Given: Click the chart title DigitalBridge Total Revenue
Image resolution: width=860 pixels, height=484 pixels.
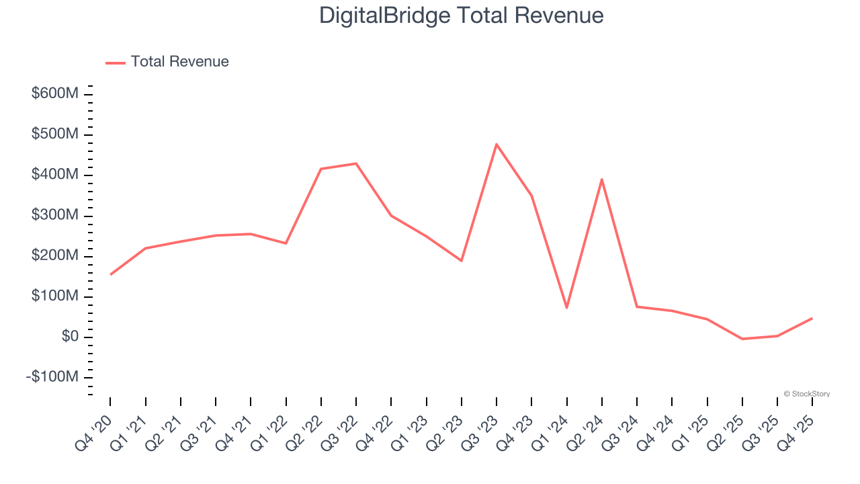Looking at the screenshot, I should click(461, 15).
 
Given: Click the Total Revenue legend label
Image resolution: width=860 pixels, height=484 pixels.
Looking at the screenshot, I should click(179, 62).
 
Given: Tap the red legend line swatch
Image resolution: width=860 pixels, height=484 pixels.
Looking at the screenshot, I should click(116, 63).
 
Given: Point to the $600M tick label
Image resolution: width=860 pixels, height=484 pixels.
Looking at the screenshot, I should click(54, 93).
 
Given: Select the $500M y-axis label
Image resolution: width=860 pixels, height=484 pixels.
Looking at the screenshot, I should click(54, 134).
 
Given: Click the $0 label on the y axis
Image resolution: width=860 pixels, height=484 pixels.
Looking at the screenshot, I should click(70, 336).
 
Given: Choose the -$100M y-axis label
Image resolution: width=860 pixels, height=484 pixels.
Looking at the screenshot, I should click(52, 377).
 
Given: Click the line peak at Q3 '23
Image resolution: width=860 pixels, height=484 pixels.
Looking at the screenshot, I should click(497, 144).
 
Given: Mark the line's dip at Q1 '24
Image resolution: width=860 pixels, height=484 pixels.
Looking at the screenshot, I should click(567, 308).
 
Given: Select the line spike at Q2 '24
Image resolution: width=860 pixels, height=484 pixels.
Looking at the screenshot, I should click(602, 179).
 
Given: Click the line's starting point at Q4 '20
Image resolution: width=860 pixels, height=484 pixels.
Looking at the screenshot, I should click(110, 274).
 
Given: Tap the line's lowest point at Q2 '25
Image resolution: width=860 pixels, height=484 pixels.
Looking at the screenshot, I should click(742, 339).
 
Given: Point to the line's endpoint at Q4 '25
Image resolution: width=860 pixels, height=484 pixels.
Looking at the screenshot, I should click(812, 318).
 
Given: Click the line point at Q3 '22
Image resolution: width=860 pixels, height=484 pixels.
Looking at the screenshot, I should click(356, 163).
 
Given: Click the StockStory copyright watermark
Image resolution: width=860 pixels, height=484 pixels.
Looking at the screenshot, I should click(806, 394).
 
